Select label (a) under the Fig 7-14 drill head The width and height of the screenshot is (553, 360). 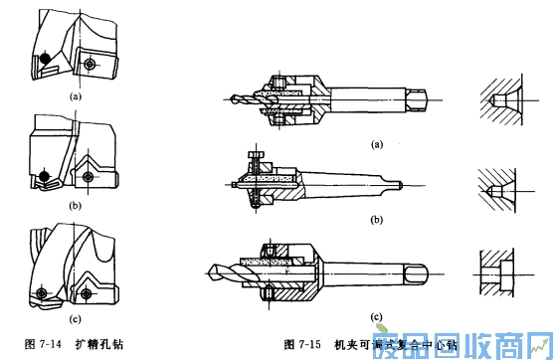(x=75, y=97)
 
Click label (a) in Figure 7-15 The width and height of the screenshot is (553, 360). (x=376, y=144)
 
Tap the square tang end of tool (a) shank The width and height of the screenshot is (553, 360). (x=422, y=99)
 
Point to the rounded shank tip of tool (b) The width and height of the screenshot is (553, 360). (x=401, y=184)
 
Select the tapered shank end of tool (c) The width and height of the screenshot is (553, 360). (x=436, y=269)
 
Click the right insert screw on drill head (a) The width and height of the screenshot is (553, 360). (x=91, y=63)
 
